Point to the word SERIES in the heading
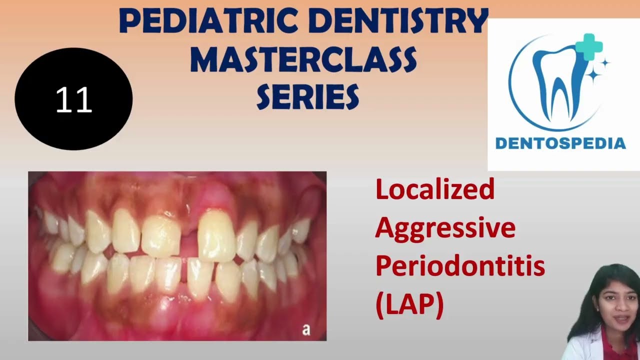(x=307, y=96)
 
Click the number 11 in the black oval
(x=74, y=100)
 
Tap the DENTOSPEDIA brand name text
(x=560, y=143)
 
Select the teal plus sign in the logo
(x=588, y=46)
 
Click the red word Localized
(x=434, y=190)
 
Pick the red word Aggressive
(x=445, y=228)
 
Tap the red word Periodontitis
(x=460, y=266)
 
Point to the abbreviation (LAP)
(x=409, y=304)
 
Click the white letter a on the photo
(x=306, y=329)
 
